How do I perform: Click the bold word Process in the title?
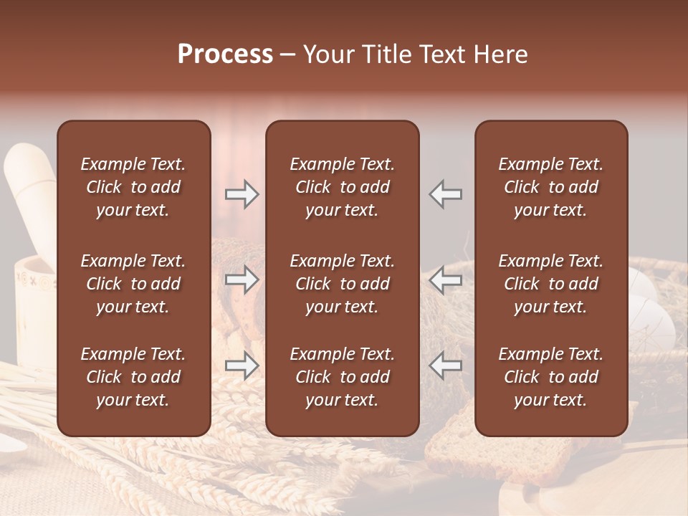[225, 54]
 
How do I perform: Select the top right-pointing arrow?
[242, 194]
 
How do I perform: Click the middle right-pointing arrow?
[242, 279]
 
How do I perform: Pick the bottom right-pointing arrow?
[242, 365]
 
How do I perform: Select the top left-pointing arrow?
[446, 194]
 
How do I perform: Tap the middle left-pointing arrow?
[446, 279]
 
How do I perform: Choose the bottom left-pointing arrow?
[446, 365]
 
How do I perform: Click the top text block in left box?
[133, 187]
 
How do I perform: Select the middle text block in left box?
[133, 284]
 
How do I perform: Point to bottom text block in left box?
[133, 377]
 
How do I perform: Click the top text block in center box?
[342, 187]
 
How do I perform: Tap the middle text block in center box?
[342, 284]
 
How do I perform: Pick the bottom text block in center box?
[342, 377]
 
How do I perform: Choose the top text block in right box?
[550, 187]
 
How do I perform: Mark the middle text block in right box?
[550, 284]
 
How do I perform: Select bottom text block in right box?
[550, 377]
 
